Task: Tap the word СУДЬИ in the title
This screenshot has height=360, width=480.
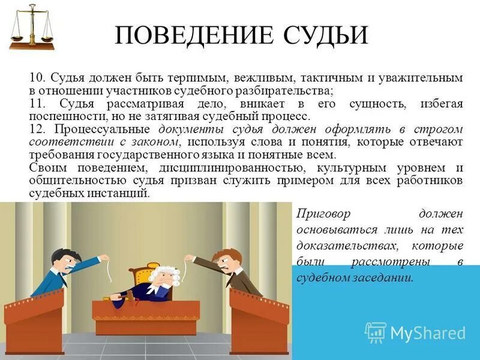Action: pos(323,35)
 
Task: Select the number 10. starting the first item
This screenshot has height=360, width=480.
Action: pos(37,79)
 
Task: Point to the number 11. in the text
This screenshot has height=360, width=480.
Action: pos(37,104)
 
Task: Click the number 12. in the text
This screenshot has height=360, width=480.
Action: pos(37,129)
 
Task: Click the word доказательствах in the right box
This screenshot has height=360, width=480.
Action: pos(348,246)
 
